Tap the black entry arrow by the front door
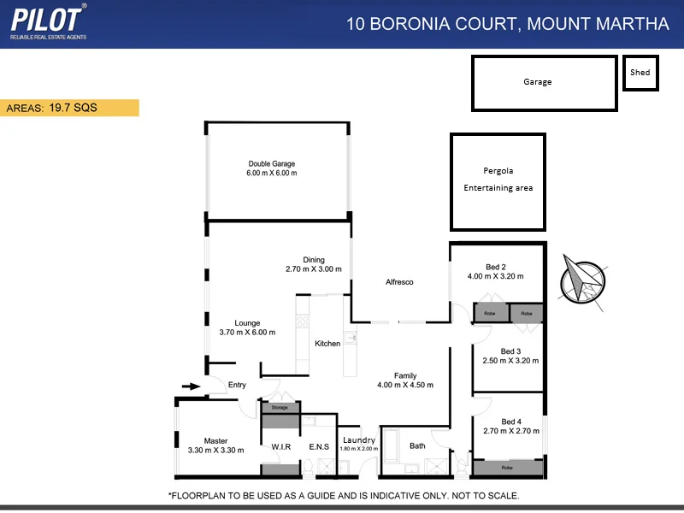[x=192, y=386]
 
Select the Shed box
[x=640, y=74]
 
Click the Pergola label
[x=498, y=171]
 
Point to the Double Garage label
[x=272, y=164]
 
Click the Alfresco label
[x=399, y=282]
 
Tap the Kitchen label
[x=327, y=344]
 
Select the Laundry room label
[x=358, y=440]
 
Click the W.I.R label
[x=282, y=446]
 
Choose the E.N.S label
[x=319, y=446]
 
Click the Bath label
[x=417, y=446]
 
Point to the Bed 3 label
[x=510, y=351]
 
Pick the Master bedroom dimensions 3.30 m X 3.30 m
[x=215, y=451]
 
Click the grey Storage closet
[x=280, y=408]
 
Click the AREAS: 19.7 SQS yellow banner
[x=69, y=108]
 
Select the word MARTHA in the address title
[x=634, y=23]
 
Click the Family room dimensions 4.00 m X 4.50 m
[x=405, y=385]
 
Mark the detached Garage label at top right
[x=538, y=82]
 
